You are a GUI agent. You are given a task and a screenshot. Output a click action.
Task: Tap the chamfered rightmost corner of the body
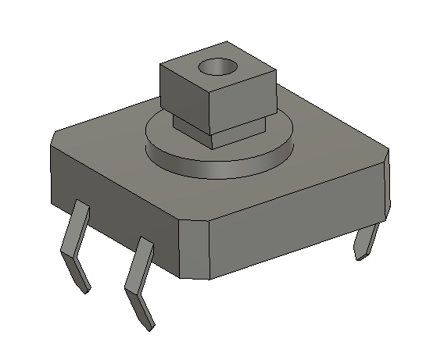(x=387, y=184)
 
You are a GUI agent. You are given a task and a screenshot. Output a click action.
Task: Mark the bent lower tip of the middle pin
(x=141, y=308)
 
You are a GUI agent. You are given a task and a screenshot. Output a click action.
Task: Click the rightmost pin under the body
(x=367, y=242)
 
